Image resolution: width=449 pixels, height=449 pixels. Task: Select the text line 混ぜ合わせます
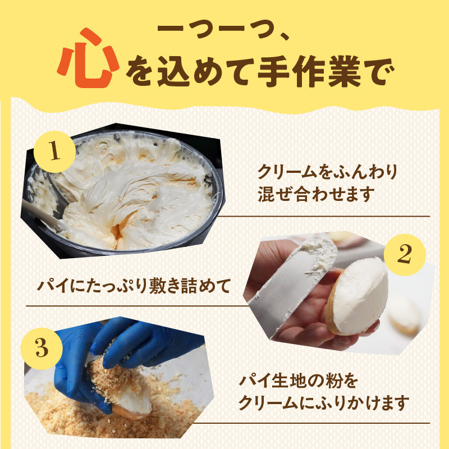[x=315, y=195]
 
